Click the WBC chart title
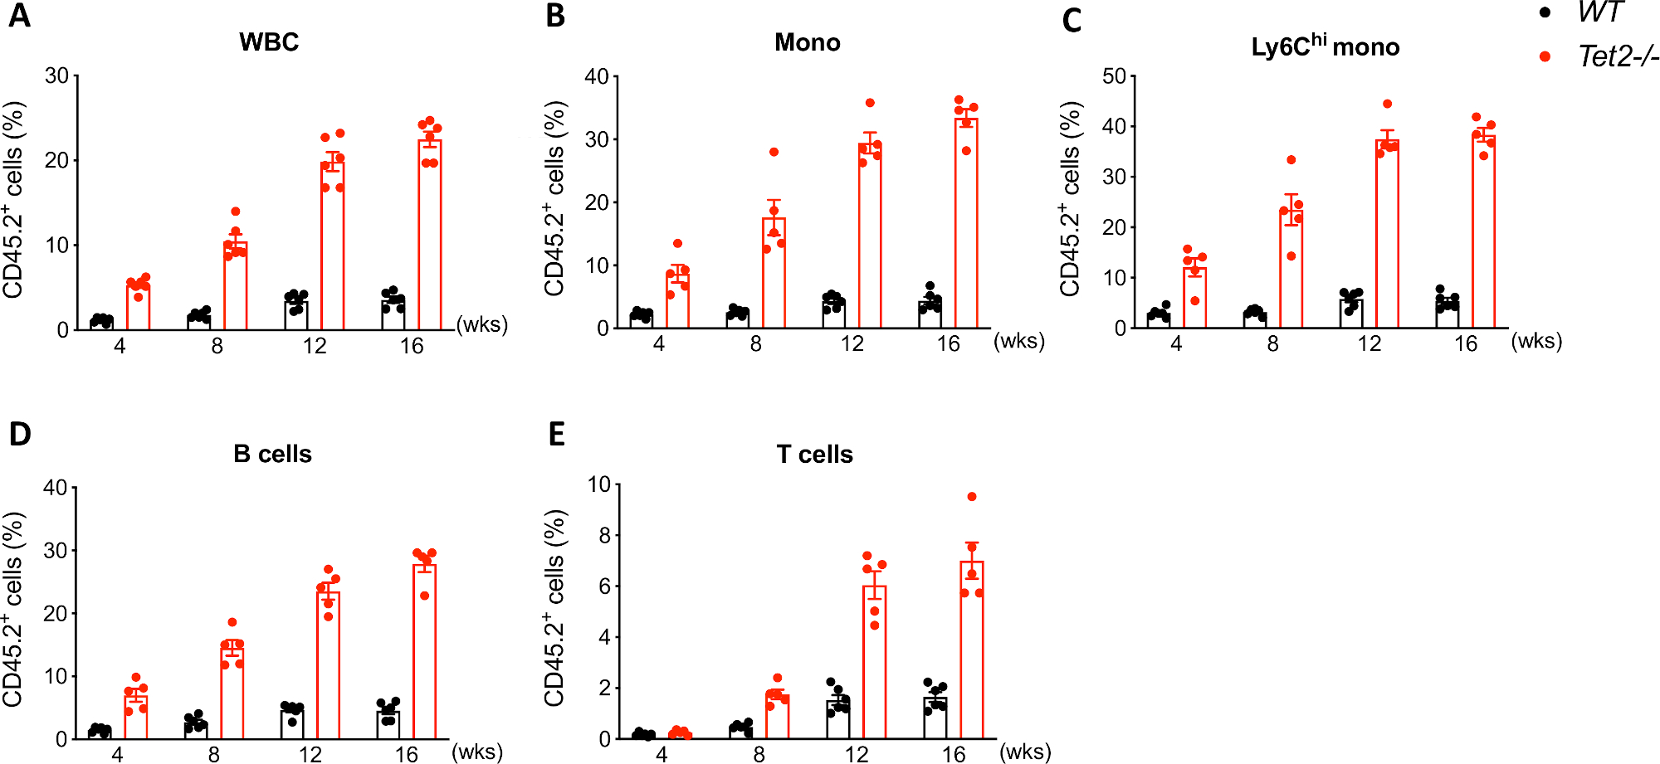[x=269, y=42]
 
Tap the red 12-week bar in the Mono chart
[x=870, y=241]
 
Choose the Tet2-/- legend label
[x=1617, y=56]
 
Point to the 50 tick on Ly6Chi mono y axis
[x=1114, y=76]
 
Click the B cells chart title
[x=272, y=454]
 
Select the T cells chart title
[x=814, y=455]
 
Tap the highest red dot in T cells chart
[x=972, y=497]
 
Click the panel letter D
[x=20, y=434]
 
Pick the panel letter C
[x=1072, y=21]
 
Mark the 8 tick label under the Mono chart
[x=755, y=343]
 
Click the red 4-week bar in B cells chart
[x=136, y=715]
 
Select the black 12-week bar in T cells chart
[x=838, y=720]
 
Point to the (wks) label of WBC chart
[x=482, y=324]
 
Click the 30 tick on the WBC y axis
[x=57, y=76]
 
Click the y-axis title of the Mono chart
[x=554, y=199]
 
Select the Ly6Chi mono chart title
[x=1325, y=46]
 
